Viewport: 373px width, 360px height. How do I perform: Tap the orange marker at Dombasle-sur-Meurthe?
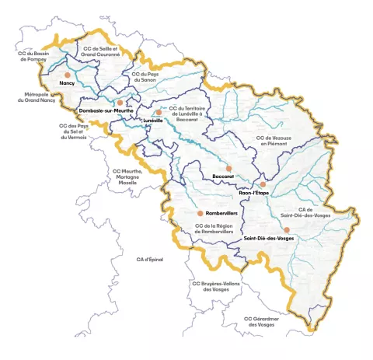pyautogui.click(x=120, y=102)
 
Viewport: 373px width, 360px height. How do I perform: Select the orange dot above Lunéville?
pyautogui.click(x=159, y=112)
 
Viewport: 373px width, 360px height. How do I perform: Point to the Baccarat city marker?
pyautogui.click(x=228, y=167)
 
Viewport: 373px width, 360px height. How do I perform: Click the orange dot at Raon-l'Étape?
pyautogui.click(x=263, y=184)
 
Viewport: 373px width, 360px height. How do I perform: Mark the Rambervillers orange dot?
pyautogui.click(x=200, y=212)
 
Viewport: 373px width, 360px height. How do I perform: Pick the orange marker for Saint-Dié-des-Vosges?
pyautogui.click(x=287, y=229)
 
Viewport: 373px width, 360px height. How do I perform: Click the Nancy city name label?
pyautogui.click(x=66, y=82)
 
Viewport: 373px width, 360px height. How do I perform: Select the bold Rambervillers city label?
pyautogui.click(x=221, y=212)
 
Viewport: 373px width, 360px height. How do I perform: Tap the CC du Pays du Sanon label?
pyautogui.click(x=145, y=77)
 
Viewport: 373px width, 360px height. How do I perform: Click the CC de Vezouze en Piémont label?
pyautogui.click(x=274, y=141)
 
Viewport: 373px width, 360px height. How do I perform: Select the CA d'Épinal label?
pyautogui.click(x=150, y=259)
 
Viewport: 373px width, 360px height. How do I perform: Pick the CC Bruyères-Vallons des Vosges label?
pyautogui.click(x=215, y=286)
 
